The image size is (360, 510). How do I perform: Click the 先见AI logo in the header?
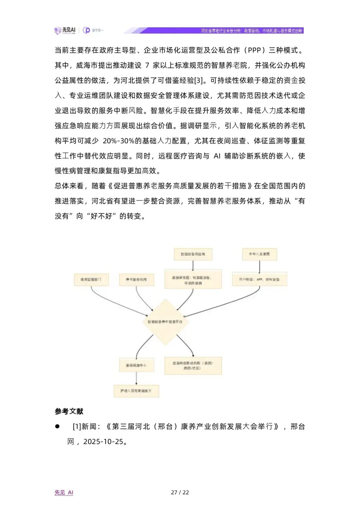(65, 30)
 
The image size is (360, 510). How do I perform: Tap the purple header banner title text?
(252, 31)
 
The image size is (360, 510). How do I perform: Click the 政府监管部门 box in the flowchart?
(91, 280)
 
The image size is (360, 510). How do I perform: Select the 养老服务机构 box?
(136, 280)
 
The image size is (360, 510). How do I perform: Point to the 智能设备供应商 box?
(193, 254)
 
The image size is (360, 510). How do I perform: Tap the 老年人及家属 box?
(259, 254)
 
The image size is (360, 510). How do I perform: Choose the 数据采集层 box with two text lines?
(193, 280)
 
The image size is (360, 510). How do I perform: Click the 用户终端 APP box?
(259, 280)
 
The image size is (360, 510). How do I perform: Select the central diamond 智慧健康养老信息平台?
(165, 322)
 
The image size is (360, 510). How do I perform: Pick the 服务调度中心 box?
(136, 365)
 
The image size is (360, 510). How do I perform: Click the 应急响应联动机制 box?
(193, 365)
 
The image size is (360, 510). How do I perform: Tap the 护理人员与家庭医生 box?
(136, 391)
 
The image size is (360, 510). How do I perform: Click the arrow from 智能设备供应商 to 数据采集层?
(193, 265)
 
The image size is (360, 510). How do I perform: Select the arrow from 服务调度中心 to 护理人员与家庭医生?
(136, 378)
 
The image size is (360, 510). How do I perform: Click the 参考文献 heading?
(69, 411)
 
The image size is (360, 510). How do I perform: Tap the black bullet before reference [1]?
(57, 426)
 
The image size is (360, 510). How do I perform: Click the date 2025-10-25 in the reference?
(103, 442)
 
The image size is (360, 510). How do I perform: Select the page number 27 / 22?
(180, 492)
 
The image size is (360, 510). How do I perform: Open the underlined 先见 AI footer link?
(64, 492)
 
